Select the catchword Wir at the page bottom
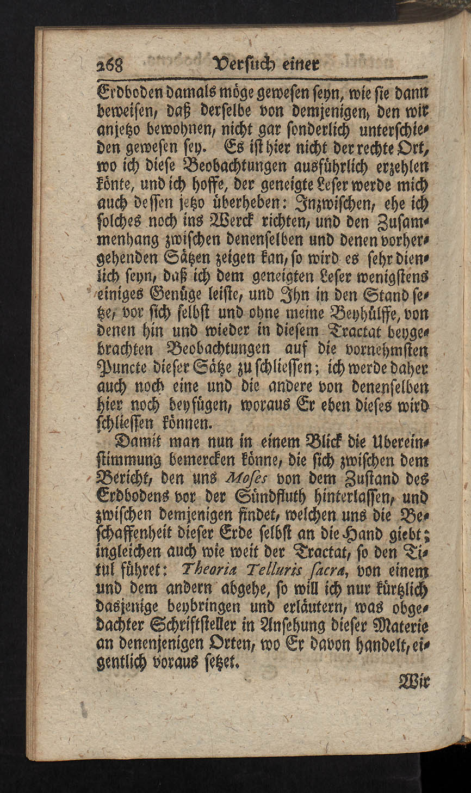pyautogui.click(x=415, y=681)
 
